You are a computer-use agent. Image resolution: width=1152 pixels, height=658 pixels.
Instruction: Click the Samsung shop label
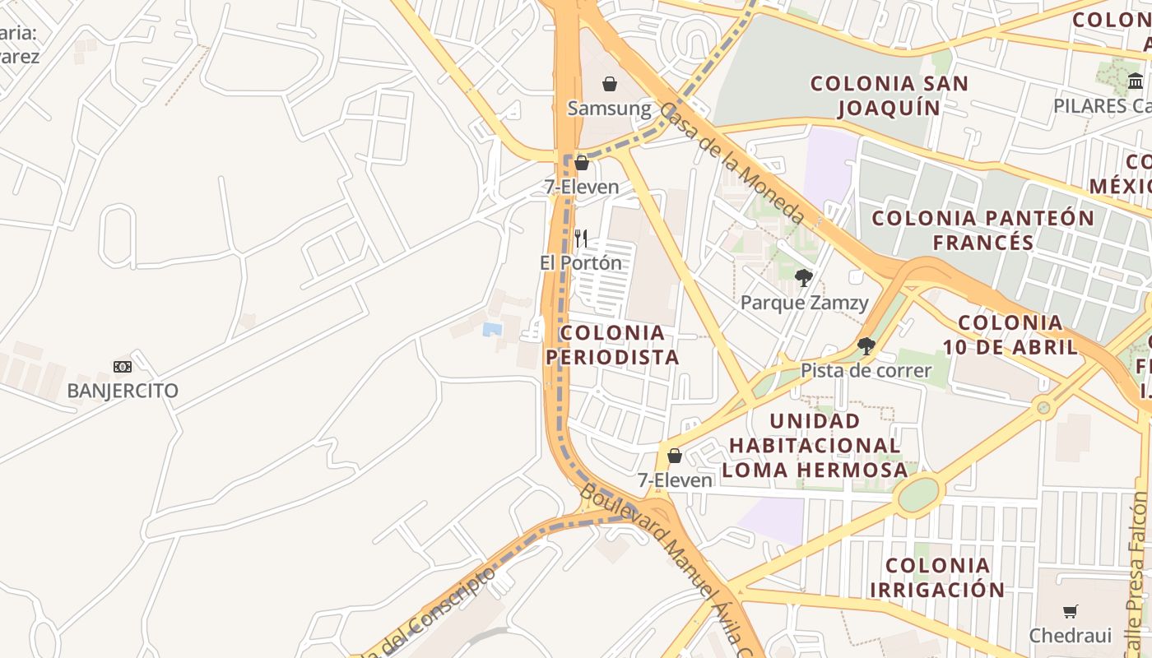point(609,109)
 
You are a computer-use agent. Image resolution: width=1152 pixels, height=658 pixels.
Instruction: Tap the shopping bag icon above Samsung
point(610,84)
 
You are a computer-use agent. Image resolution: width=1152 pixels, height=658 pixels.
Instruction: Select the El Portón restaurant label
point(581,263)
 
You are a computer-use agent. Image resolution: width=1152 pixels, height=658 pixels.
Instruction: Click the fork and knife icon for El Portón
point(581,239)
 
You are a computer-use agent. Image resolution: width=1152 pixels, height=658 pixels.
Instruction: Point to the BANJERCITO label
point(123,390)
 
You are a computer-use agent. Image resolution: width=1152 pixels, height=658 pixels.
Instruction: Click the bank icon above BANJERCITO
point(123,367)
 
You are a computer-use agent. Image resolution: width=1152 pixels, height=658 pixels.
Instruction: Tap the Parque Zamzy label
point(804,303)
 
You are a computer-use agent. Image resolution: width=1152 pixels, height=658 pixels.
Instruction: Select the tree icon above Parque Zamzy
point(804,278)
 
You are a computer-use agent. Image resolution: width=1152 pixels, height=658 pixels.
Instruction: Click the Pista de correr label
point(866,370)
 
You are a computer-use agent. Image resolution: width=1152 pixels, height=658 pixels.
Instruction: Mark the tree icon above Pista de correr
point(866,346)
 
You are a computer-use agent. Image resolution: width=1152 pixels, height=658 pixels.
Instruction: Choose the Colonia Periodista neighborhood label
point(612,345)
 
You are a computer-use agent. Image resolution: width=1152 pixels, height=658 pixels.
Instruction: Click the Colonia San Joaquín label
point(890,95)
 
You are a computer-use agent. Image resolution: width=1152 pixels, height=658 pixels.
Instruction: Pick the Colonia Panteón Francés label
point(983,230)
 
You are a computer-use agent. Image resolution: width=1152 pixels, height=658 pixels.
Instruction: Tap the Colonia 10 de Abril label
point(1010,335)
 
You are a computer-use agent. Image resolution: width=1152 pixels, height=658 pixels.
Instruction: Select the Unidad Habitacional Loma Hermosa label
point(815,445)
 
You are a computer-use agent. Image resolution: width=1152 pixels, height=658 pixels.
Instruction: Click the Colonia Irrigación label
point(937,577)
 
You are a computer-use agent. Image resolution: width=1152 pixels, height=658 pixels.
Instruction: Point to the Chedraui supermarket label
point(1070,635)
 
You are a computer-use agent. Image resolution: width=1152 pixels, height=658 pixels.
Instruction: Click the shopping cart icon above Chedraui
point(1070,611)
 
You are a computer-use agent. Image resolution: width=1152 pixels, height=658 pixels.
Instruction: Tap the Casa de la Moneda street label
point(732,164)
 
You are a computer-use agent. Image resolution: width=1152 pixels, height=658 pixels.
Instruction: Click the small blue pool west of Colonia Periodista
point(492,329)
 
